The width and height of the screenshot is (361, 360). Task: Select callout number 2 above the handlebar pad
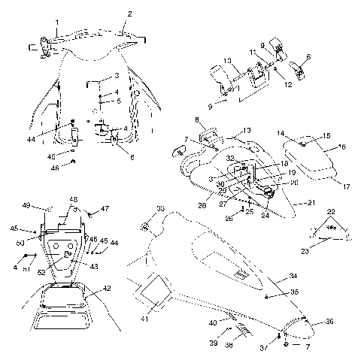(x=129, y=14)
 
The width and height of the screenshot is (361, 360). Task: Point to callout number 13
(x=245, y=129)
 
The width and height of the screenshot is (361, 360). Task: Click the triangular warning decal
(x=329, y=228)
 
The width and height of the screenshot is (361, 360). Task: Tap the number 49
(x=47, y=204)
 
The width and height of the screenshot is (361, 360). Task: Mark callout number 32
(x=231, y=159)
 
